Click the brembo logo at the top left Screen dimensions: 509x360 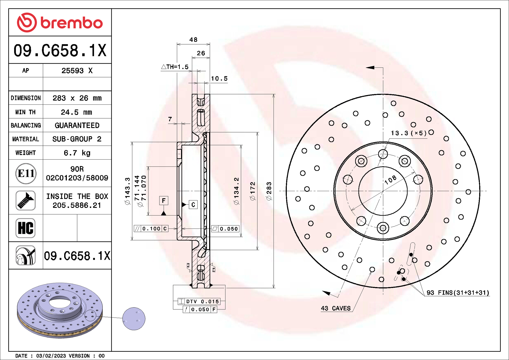[60, 23]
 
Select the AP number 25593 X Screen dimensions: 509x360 [77, 71]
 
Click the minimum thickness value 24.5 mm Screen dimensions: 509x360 [76, 112]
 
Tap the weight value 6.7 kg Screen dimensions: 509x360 [77, 153]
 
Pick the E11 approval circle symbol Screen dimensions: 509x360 [26, 173]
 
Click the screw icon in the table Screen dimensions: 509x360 [26, 201]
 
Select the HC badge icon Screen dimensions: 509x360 [26, 228]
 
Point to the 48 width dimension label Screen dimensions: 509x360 [193, 39]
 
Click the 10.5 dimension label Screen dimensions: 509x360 [219, 78]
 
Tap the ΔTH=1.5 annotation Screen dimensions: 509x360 [175, 67]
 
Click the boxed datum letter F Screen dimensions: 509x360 [164, 201]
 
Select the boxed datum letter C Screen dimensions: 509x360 [193, 205]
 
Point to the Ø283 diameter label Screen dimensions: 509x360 [269, 191]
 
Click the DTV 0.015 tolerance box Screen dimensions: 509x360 [199, 301]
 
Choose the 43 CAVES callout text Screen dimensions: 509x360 [336, 308]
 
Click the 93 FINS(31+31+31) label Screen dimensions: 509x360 [458, 293]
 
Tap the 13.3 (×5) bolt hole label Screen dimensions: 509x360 [409, 133]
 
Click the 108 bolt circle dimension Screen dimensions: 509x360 [390, 180]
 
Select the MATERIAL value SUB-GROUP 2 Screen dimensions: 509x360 [77, 139]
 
